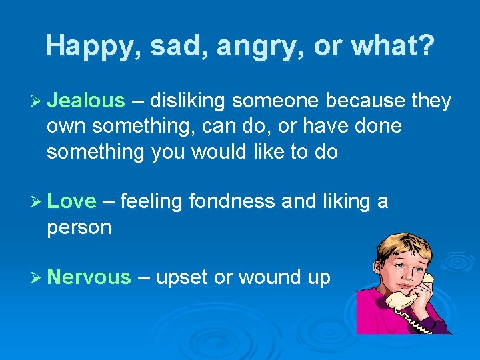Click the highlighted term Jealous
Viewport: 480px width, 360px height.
click(87, 101)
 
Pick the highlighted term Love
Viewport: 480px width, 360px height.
click(72, 201)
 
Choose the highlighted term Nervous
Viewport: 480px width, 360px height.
click(89, 277)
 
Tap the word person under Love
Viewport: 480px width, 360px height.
click(79, 227)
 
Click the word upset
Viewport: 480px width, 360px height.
click(181, 277)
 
